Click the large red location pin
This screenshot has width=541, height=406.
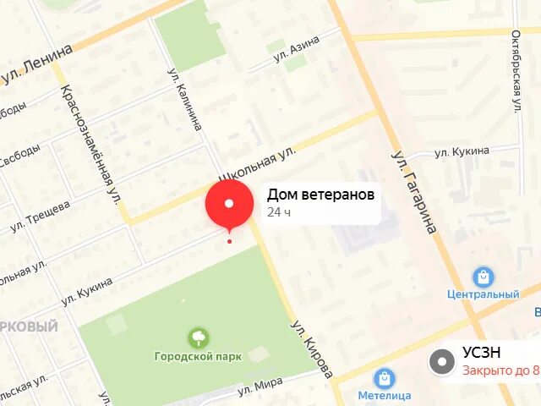coord(229,204)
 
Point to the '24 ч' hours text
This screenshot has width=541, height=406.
coord(279,212)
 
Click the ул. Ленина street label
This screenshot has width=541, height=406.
coord(36,67)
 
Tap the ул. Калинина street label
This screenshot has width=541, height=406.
coord(185,99)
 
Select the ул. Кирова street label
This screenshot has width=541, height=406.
coord(312,348)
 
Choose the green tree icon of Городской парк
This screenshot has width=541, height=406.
coord(199,338)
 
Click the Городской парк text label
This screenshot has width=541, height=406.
coord(197,356)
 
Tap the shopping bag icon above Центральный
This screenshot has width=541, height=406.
coord(483,277)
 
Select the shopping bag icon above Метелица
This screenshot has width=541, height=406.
coord(385,378)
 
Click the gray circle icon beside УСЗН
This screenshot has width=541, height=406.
coord(441,362)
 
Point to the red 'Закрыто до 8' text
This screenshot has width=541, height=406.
coord(500,370)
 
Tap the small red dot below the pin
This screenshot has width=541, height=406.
coord(229,242)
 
